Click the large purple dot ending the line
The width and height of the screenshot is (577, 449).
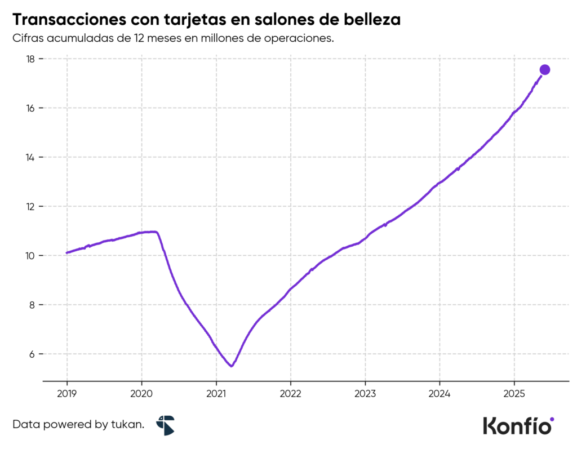tap(545, 69)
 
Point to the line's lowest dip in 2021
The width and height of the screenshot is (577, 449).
tap(232, 366)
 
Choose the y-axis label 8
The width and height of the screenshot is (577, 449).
tap(32, 305)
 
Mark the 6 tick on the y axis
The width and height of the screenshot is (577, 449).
tap(32, 354)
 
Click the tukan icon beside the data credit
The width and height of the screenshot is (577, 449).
tap(166, 425)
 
